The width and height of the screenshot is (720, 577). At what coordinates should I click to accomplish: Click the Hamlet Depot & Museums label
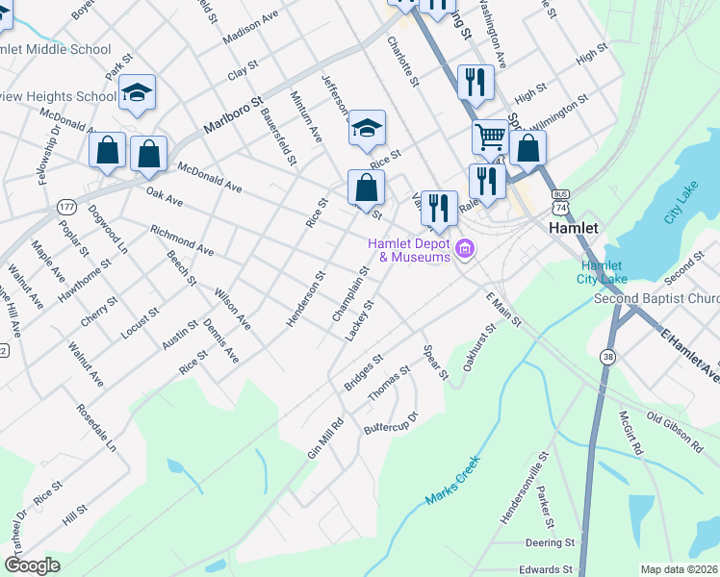click(408, 250)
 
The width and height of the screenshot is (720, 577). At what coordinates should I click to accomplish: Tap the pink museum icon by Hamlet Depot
click(466, 250)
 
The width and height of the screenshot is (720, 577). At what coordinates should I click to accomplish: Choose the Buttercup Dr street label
click(391, 422)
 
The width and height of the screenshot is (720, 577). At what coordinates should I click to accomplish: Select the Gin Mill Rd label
click(324, 438)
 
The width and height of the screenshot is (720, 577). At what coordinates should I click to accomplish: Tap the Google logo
click(32, 565)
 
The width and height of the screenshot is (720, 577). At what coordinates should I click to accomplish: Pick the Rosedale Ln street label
click(96, 428)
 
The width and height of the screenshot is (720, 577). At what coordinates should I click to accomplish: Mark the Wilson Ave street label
click(232, 310)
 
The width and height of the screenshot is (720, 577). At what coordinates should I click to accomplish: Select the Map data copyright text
click(680, 569)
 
